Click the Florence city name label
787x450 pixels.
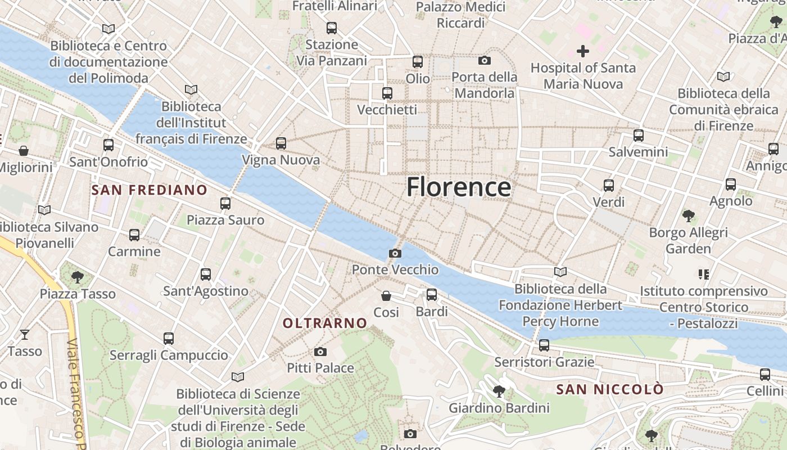point(459,187)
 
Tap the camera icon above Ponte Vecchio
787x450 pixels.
point(395,253)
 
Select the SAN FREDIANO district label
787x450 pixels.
point(150,190)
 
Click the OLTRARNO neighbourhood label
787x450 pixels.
point(325,323)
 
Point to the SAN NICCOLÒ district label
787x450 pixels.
point(610,389)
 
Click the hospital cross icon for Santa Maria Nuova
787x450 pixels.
point(583,52)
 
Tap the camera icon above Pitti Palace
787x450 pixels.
point(320,352)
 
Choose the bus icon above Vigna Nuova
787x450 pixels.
point(281,143)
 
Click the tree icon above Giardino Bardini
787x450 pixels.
point(499,391)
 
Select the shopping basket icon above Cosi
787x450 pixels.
point(386,296)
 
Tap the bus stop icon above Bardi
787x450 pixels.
point(432,294)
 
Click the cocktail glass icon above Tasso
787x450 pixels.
point(25,335)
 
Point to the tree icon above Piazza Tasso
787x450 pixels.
point(78,277)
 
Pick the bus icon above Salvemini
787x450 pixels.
point(639,135)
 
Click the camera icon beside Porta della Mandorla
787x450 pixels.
point(485,60)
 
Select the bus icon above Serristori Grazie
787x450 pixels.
point(544,345)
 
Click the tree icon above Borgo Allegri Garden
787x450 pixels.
point(688,215)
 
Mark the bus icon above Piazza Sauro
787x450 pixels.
point(225,203)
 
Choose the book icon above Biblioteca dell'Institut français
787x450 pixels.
point(191,89)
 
